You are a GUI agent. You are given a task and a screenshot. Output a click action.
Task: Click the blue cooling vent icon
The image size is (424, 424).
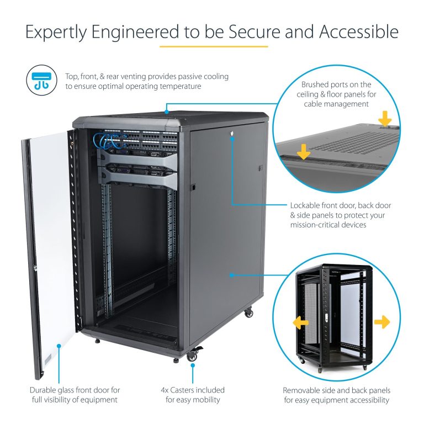(x=41, y=81)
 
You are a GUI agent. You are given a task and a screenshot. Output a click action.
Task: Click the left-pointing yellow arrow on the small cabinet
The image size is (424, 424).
(x=300, y=322)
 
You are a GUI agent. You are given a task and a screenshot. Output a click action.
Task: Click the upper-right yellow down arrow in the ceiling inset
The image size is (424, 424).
(x=385, y=118)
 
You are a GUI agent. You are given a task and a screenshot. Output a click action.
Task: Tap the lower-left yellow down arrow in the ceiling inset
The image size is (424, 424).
(x=303, y=150)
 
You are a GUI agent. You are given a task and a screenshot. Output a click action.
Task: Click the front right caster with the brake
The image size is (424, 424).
(x=193, y=356)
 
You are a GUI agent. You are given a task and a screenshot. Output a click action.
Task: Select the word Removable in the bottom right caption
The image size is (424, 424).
(x=301, y=390)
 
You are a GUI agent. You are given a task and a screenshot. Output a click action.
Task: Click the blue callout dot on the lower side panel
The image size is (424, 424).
(x=232, y=274)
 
